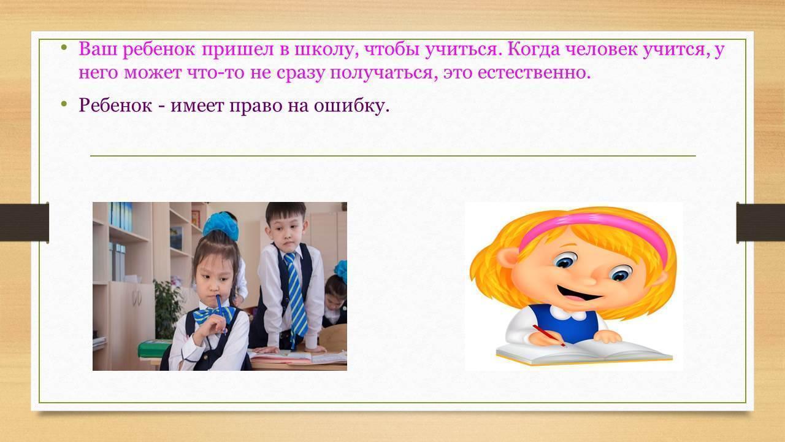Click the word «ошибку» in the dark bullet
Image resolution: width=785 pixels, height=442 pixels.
(x=351, y=105)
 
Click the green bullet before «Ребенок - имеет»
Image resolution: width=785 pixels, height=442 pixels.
(x=63, y=104)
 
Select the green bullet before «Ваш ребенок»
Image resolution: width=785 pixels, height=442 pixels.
(x=63, y=47)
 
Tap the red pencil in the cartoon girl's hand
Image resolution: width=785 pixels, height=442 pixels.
(x=549, y=336)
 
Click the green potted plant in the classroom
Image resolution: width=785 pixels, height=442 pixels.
(x=167, y=309)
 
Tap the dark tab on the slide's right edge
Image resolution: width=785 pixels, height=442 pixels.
(x=760, y=223)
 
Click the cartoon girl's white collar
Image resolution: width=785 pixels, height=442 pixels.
(x=567, y=312)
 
